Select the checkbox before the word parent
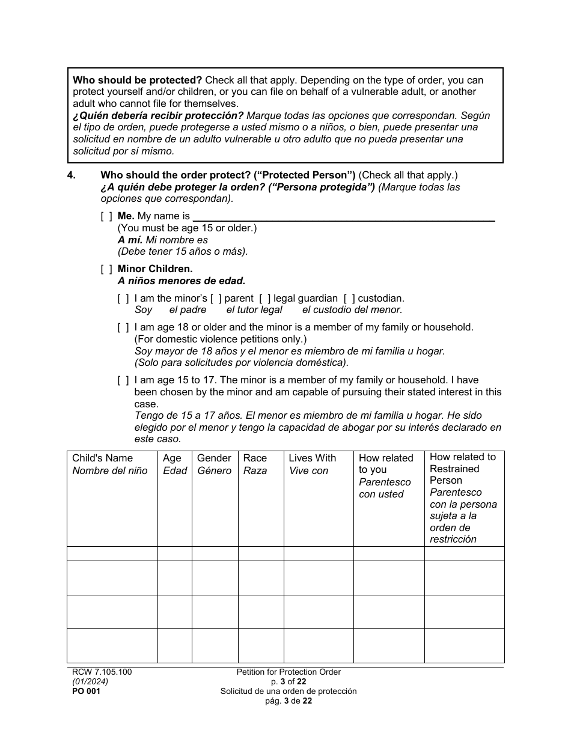point(216,299)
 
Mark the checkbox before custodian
point(349,299)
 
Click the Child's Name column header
point(103,458)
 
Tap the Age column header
point(172,458)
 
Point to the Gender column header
point(214,458)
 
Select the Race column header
point(255,458)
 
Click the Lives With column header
point(313,458)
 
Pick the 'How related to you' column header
point(386,464)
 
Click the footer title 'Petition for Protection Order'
point(289,672)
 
